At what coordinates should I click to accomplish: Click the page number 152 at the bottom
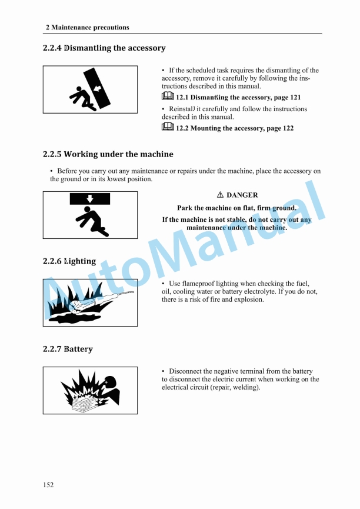click(48, 485)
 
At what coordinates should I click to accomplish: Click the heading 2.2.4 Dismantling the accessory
click(104, 48)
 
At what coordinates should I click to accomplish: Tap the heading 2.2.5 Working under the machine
click(108, 154)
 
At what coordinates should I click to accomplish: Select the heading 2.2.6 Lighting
click(69, 261)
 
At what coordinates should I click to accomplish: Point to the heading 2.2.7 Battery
click(68, 349)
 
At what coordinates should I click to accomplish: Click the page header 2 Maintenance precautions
click(87, 27)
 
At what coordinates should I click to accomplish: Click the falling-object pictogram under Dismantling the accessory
click(90, 89)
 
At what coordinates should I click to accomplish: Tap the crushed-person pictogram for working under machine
click(90, 215)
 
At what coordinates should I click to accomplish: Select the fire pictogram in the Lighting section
click(90, 302)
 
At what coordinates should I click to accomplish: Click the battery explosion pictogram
click(90, 390)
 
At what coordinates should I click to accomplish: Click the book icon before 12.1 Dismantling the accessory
click(168, 97)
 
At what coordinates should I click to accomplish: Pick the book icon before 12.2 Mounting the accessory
click(168, 127)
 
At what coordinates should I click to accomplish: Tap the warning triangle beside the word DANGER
click(220, 195)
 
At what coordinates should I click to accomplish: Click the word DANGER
click(242, 195)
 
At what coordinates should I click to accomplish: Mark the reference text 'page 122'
click(279, 128)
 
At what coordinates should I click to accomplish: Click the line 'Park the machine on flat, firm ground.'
click(236, 208)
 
